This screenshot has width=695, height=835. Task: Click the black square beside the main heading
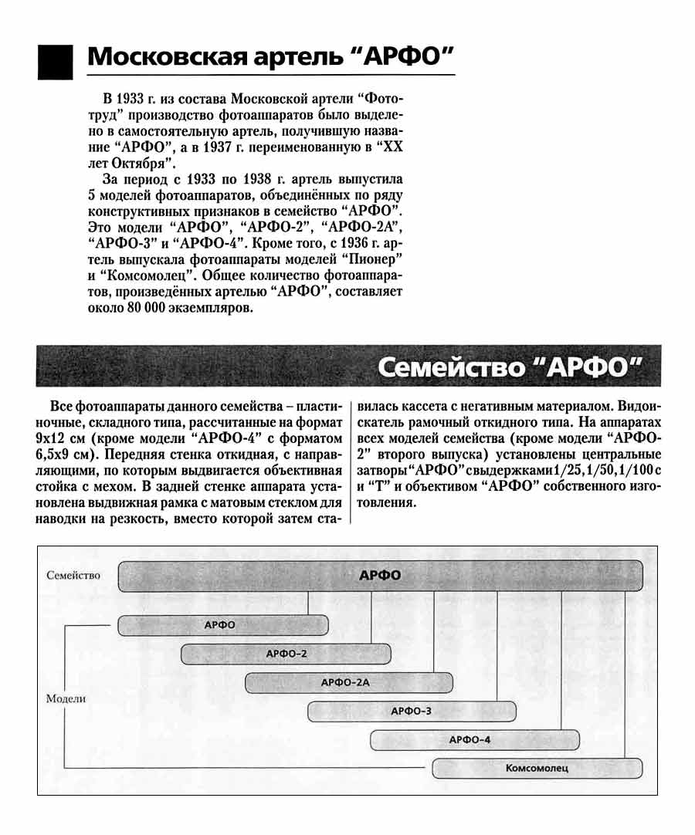[55, 61]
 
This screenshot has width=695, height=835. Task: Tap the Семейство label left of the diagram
[73, 576]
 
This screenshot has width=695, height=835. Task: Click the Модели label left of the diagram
[66, 698]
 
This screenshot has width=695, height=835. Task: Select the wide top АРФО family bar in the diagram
[381, 576]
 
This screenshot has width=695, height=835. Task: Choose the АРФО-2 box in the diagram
[286, 654]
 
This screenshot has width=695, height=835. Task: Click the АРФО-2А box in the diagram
[348, 683]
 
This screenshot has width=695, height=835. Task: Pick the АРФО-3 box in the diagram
[411, 711]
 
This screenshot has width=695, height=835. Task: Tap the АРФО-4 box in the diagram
[474, 739]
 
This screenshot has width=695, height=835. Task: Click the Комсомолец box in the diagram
[537, 768]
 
